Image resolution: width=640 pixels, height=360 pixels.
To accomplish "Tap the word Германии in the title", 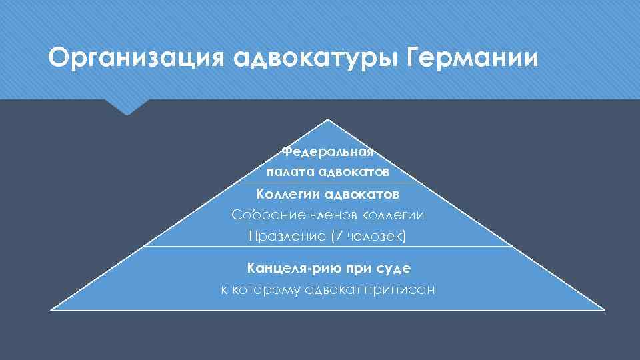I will (472, 58).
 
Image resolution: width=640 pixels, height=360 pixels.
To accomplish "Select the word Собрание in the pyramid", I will (263, 215).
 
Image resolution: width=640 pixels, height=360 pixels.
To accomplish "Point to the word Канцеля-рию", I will (294, 268).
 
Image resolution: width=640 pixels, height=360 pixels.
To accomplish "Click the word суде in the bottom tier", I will (393, 268).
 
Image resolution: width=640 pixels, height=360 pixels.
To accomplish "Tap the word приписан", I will (401, 289).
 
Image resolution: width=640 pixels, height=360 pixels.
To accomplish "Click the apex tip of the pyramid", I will (328, 120).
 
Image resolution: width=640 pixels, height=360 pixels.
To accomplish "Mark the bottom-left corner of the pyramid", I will (51, 309).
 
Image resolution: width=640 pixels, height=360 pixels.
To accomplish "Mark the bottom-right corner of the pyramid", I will (605, 309).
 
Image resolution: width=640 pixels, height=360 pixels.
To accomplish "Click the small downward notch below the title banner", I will (126, 111).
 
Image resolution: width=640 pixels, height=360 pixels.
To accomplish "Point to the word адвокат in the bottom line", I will (334, 289).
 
